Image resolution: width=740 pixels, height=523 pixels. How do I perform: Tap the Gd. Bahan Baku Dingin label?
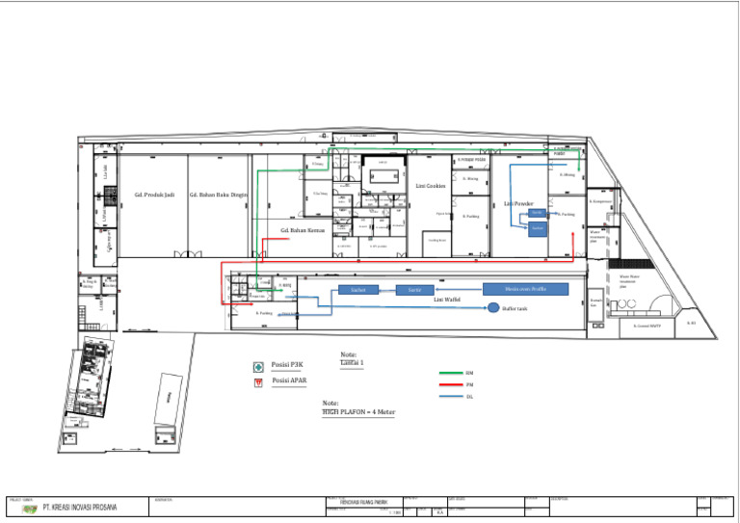point(219,195)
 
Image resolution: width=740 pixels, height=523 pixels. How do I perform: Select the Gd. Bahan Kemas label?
point(302,231)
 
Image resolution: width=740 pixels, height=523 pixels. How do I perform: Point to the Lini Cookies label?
point(431,186)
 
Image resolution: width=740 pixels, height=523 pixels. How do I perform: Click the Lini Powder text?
point(518,204)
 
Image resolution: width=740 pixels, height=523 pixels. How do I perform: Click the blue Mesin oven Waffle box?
point(525,289)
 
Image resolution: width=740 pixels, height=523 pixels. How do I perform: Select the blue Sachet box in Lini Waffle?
point(357,290)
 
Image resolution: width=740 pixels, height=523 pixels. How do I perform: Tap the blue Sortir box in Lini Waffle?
point(414,290)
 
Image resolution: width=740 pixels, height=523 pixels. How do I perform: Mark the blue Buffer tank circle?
point(493,308)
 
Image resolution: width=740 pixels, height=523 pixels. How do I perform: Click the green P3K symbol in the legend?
point(257,367)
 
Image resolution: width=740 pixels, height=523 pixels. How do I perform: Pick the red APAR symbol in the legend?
point(257,383)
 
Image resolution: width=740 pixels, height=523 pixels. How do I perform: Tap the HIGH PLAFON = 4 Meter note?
point(358,411)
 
